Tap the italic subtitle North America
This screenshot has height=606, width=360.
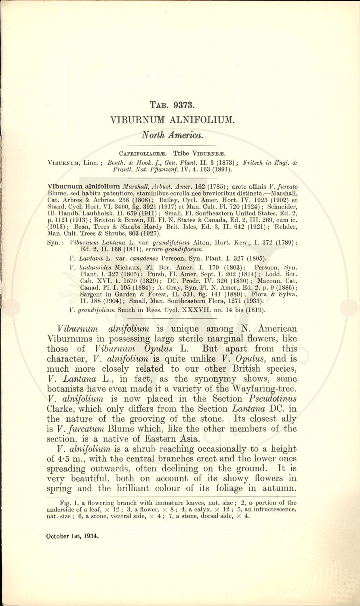[172, 135]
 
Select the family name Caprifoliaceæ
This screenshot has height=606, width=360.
[143, 154]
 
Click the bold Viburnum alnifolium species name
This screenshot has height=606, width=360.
[84, 186]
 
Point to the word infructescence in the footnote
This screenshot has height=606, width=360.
[268, 510]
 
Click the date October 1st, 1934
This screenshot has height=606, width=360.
[72, 536]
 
